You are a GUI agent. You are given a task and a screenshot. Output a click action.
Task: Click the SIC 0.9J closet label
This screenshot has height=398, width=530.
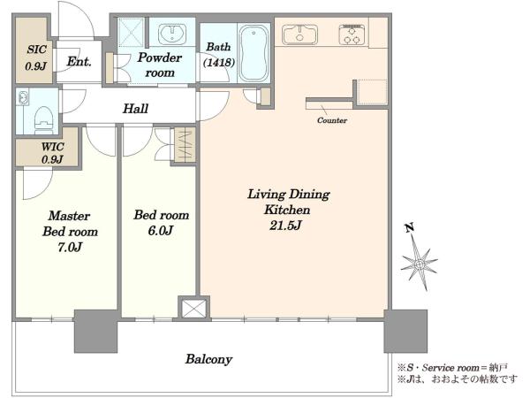36,57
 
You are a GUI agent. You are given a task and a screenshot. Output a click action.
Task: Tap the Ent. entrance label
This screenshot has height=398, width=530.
79,61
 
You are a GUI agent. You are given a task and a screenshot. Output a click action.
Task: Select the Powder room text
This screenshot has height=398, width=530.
160,65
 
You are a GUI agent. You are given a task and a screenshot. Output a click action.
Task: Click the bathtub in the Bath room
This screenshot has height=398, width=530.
254,53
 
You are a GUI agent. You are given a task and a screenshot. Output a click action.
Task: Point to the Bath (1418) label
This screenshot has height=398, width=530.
219,54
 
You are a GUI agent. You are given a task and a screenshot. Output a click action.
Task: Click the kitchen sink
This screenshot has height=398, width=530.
299,34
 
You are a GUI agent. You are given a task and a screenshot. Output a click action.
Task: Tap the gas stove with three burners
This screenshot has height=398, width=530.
352,34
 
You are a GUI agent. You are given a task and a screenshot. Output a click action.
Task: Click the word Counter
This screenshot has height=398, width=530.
332,120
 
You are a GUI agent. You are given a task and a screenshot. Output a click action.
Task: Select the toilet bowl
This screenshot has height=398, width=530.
44,119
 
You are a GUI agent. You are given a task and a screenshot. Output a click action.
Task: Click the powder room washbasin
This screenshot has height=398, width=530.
172,34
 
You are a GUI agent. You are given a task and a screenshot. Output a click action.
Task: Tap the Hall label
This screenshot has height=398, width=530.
135,108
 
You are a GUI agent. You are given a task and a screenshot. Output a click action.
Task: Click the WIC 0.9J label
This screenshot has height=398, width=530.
53,153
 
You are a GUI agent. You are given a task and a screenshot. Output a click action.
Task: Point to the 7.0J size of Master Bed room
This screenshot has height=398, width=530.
70,248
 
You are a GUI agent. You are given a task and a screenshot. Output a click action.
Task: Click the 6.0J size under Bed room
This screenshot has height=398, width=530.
161,231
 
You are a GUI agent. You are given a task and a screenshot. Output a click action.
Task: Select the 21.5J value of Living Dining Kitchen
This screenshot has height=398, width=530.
285,225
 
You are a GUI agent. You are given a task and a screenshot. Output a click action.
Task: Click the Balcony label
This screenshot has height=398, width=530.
208,359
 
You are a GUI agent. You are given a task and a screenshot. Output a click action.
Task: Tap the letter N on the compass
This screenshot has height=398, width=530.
410,228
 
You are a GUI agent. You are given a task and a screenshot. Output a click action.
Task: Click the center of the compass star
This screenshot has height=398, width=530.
419,264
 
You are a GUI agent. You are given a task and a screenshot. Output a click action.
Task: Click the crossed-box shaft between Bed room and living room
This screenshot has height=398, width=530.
193,308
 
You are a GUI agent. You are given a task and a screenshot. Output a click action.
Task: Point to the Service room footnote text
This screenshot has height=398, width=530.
452,368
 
